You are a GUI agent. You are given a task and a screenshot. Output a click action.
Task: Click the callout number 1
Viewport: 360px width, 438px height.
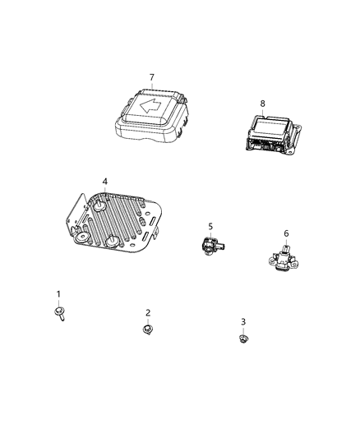pyautogui.click(x=58, y=294)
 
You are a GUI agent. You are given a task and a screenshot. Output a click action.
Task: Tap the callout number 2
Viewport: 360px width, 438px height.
pyautogui.click(x=148, y=312)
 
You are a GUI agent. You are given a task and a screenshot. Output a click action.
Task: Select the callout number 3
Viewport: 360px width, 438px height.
pyautogui.click(x=243, y=321)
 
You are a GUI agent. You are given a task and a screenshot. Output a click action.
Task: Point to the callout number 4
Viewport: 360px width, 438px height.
pyautogui.click(x=104, y=182)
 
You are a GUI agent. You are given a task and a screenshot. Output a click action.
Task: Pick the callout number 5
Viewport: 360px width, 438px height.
pyautogui.click(x=210, y=226)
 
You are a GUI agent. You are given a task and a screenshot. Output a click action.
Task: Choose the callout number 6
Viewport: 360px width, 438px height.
pyautogui.click(x=286, y=233)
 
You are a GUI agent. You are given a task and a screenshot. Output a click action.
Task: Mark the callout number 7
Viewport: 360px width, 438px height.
pyautogui.click(x=151, y=77)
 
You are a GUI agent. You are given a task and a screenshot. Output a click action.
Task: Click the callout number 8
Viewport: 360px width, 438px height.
pyautogui.click(x=262, y=104)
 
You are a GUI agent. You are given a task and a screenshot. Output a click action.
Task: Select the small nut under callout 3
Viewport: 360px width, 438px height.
pyautogui.click(x=243, y=337)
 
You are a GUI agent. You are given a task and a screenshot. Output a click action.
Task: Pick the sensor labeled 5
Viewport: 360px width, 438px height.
pyautogui.click(x=210, y=245)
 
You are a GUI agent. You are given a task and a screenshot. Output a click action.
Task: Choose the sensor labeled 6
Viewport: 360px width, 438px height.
pyautogui.click(x=284, y=259)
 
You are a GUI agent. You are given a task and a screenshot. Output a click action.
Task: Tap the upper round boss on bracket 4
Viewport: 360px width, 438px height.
pyautogui.click(x=101, y=206)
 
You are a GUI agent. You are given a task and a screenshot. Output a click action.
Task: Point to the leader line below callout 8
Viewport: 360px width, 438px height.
pyautogui.click(x=262, y=112)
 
